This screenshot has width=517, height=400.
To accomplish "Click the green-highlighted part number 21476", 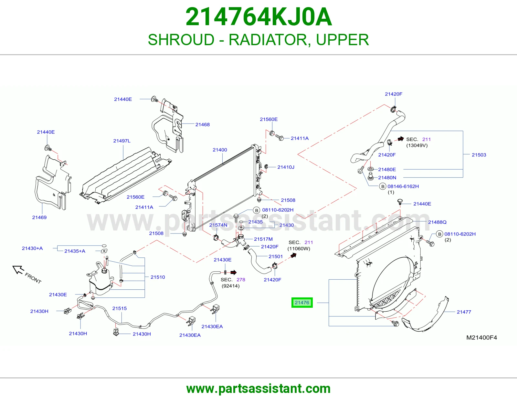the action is click(x=302, y=302).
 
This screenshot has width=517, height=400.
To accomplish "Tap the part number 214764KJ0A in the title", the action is click(x=258, y=17).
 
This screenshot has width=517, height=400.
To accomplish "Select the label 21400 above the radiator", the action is click(x=220, y=150).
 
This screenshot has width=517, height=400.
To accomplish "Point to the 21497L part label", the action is click(x=122, y=141).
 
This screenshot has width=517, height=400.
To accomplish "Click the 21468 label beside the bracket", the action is click(x=203, y=125).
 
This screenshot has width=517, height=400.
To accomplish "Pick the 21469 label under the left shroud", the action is click(x=39, y=217).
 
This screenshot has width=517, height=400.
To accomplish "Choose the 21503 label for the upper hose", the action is click(x=479, y=155).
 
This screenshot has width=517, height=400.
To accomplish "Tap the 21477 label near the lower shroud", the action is click(x=464, y=312).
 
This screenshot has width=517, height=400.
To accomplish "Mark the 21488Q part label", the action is click(x=437, y=222).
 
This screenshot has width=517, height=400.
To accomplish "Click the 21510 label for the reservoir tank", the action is click(x=158, y=277).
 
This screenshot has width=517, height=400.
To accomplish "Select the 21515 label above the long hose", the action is click(x=120, y=308).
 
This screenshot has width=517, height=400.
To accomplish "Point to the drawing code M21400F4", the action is click(x=481, y=337).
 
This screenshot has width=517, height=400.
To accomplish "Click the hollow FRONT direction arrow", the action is click(x=18, y=269).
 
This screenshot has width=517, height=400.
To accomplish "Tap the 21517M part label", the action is click(x=263, y=239).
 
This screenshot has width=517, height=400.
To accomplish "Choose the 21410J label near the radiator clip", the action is click(x=286, y=167).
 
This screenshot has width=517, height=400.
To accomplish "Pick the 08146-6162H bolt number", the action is click(x=403, y=186).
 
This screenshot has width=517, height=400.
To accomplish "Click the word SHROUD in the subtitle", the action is click(x=181, y=40).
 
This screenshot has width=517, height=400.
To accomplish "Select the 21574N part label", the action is click(x=218, y=225).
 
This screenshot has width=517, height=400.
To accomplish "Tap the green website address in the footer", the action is click(x=258, y=389).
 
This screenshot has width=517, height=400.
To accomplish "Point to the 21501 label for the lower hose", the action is click(x=276, y=256).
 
